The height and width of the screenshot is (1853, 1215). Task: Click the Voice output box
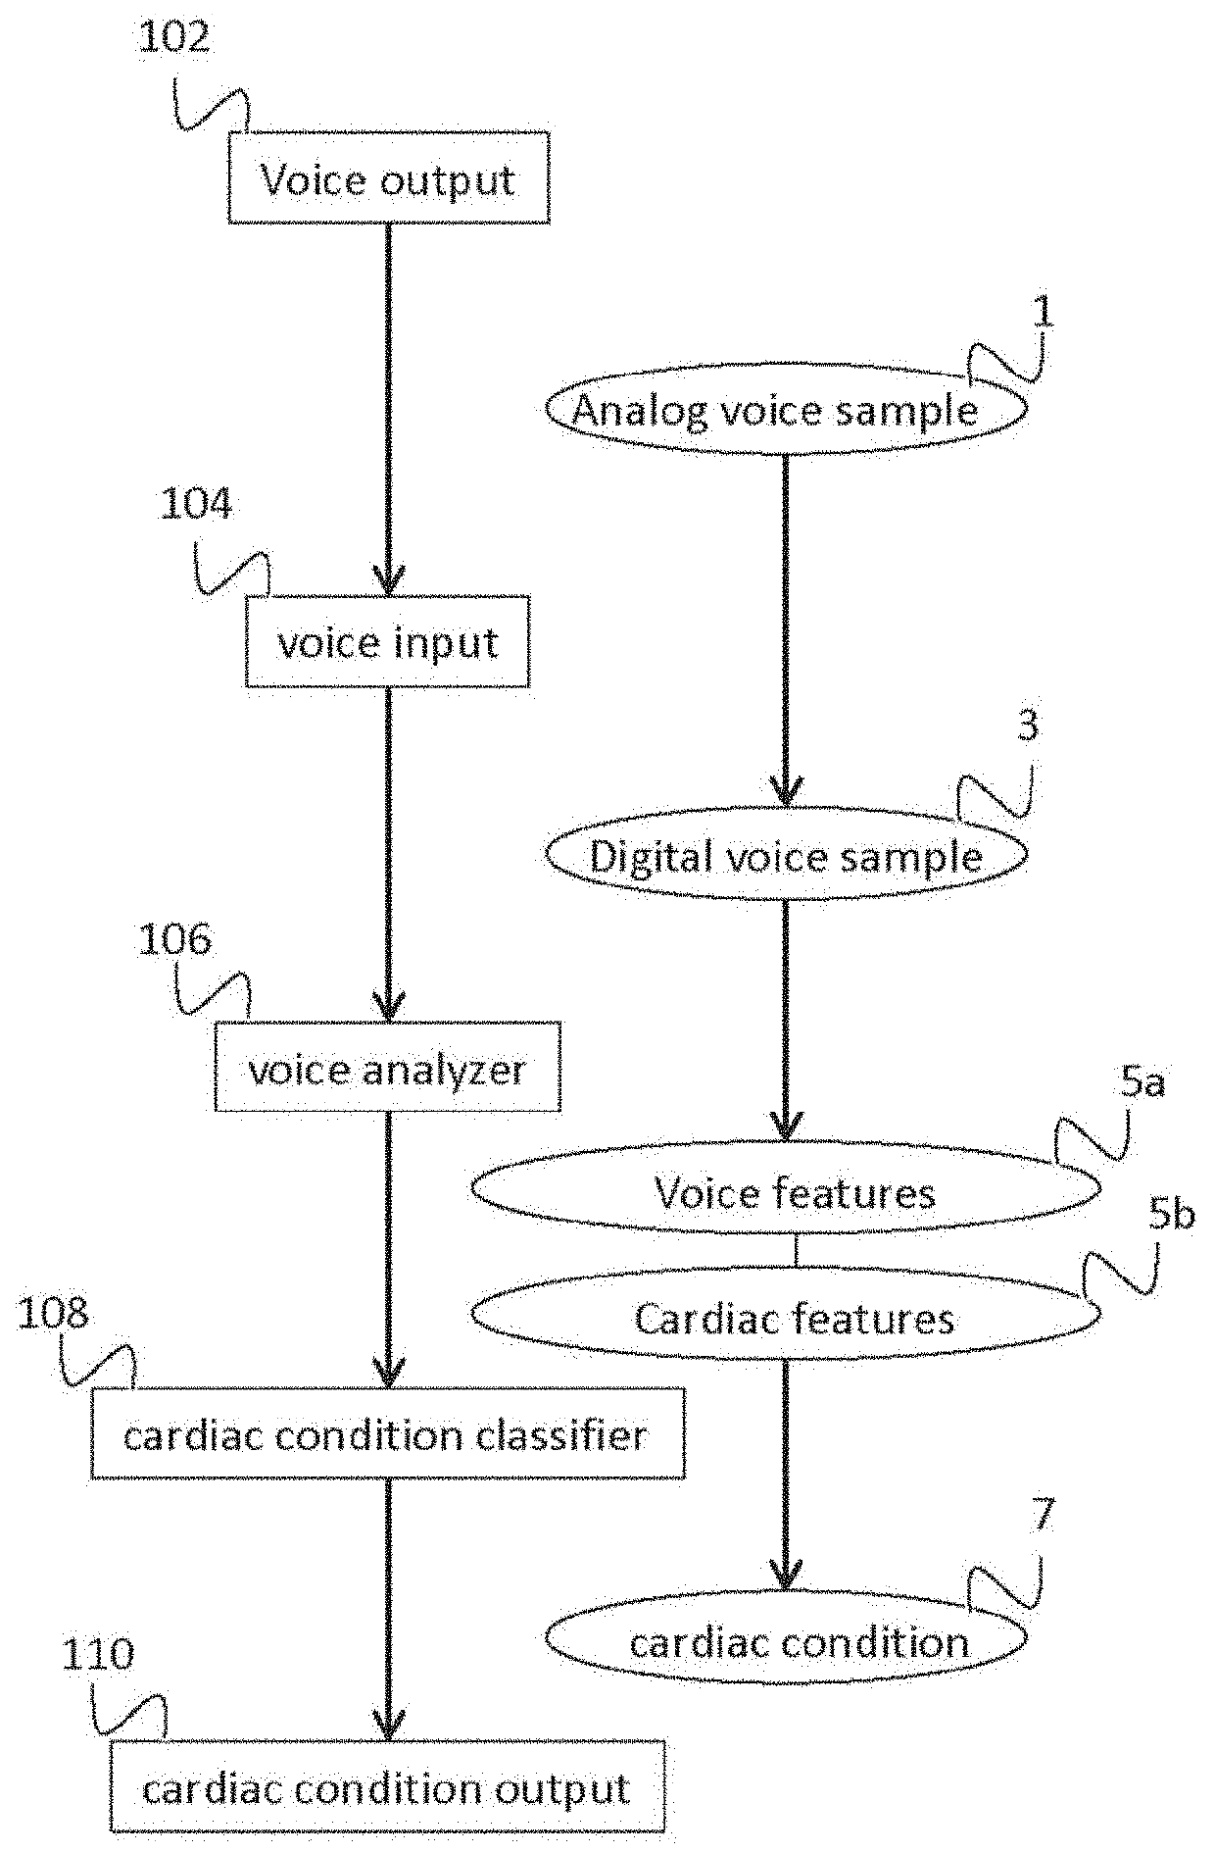click(389, 177)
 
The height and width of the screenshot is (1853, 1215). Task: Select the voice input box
click(388, 641)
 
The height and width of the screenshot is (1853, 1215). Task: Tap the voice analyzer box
click(388, 1066)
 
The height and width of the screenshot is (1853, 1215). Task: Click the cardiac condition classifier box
click(388, 1432)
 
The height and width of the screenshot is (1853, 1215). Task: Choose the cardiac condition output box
click(388, 1786)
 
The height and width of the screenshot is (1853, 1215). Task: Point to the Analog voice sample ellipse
click(786, 410)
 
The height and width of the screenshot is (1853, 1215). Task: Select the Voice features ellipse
click(786, 1190)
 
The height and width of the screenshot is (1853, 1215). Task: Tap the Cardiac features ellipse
click(786, 1316)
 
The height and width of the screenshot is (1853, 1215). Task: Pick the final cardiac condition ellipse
click(786, 1640)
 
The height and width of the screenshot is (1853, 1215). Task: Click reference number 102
click(174, 37)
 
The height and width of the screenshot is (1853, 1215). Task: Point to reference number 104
click(196, 504)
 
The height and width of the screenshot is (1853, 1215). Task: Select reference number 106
click(174, 939)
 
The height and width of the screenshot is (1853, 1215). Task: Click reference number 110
click(98, 1655)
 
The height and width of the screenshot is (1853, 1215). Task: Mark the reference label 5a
click(1142, 1083)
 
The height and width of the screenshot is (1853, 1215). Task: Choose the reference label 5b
click(1172, 1215)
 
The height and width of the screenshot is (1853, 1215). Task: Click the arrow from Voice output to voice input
click(388, 410)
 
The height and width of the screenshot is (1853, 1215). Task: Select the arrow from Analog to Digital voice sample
click(785, 631)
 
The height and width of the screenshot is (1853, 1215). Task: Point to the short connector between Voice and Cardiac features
click(796, 1253)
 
